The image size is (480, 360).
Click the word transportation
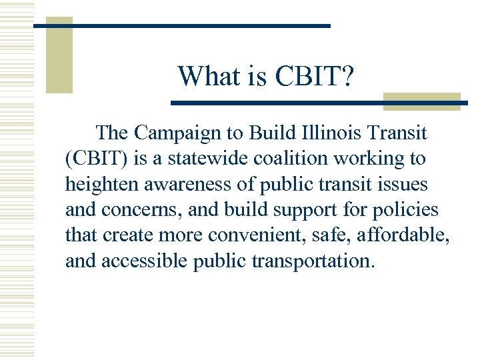pyautogui.click(x=312, y=261)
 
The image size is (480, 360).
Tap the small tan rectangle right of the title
pyautogui.click(x=421, y=101)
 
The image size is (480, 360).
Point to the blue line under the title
pyautogui.click(x=300, y=103)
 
